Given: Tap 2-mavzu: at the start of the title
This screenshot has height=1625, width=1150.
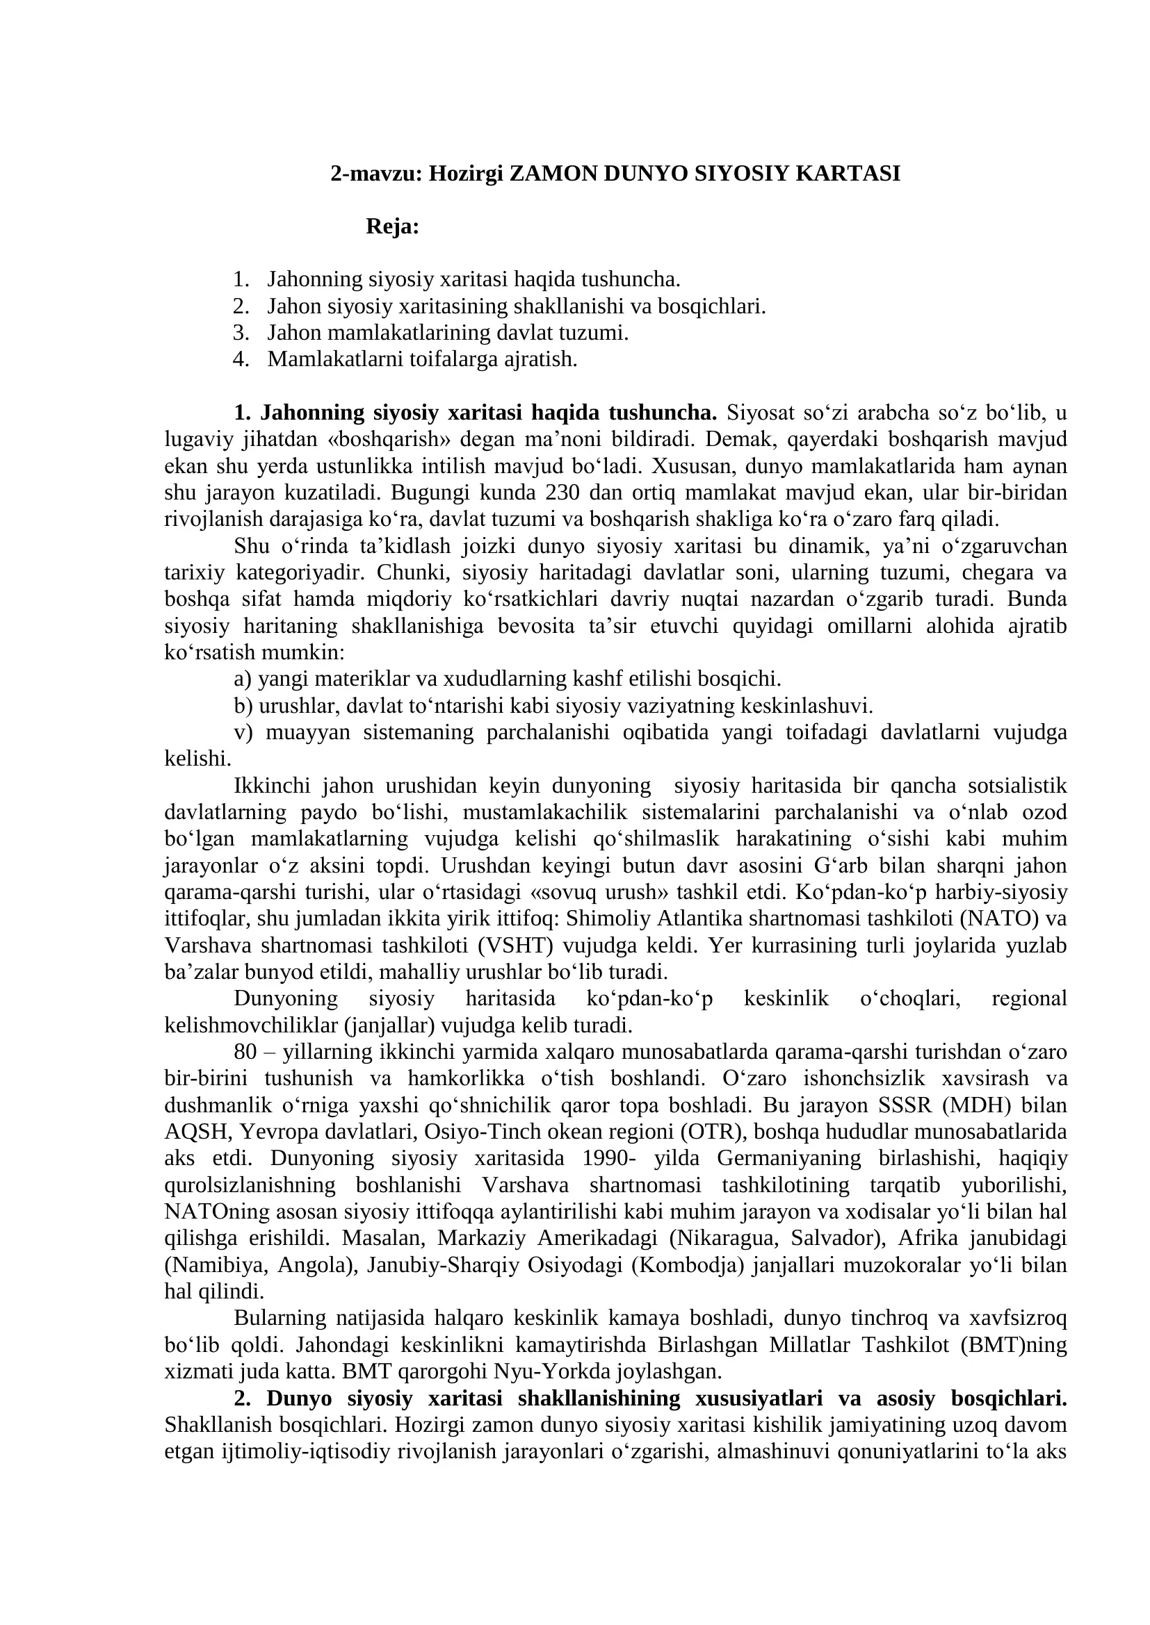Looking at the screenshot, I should click(375, 174).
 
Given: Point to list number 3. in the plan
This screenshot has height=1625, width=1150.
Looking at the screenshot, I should click(241, 333).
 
